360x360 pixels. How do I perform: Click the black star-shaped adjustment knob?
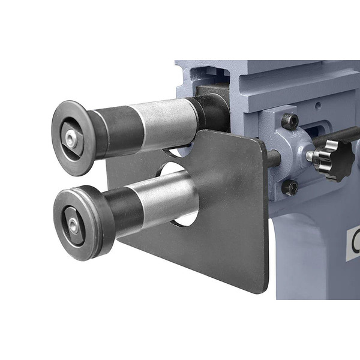(x=333, y=159)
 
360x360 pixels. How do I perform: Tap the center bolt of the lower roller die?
(x=73, y=224)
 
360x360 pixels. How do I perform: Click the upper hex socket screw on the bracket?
(x=290, y=121)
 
